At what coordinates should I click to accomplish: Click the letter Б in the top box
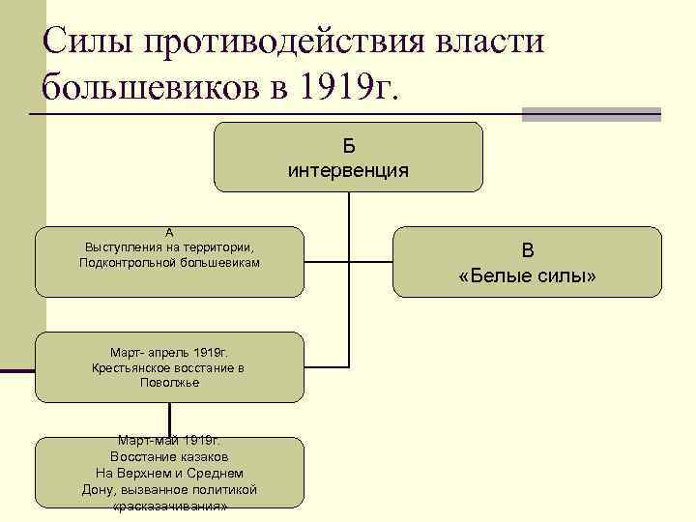(348, 146)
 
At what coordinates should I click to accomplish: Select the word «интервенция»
(348, 171)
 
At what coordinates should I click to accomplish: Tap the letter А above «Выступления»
(170, 233)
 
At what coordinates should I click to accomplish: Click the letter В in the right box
(528, 250)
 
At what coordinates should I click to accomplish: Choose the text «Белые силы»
(528, 276)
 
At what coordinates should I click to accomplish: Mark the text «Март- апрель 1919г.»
(169, 352)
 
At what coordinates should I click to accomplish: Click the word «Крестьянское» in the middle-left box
(131, 367)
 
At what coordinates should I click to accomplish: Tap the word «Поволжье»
(169, 383)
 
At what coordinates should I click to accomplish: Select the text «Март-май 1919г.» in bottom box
(170, 441)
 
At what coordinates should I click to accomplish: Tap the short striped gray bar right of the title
(591, 114)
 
